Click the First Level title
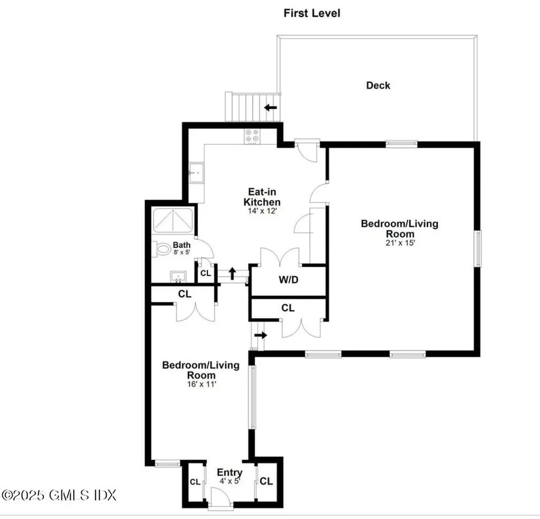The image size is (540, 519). click(312, 13)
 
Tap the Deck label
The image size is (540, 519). click(378, 85)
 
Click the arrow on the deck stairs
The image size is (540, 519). click(271, 108)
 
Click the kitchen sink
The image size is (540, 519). click(196, 171)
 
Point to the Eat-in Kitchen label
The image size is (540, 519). click(262, 197)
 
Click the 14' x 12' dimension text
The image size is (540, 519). click(262, 211)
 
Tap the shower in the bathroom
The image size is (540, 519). click(173, 220)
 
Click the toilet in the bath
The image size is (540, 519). click(162, 248)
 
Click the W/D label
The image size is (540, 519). click(288, 280)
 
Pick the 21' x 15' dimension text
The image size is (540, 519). click(399, 243)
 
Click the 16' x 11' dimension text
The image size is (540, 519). click(200, 385)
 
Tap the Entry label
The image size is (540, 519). click(230, 472)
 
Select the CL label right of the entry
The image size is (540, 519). click(266, 481)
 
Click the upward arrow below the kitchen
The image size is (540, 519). click(232, 273)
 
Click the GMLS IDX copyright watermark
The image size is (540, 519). click(59, 495)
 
